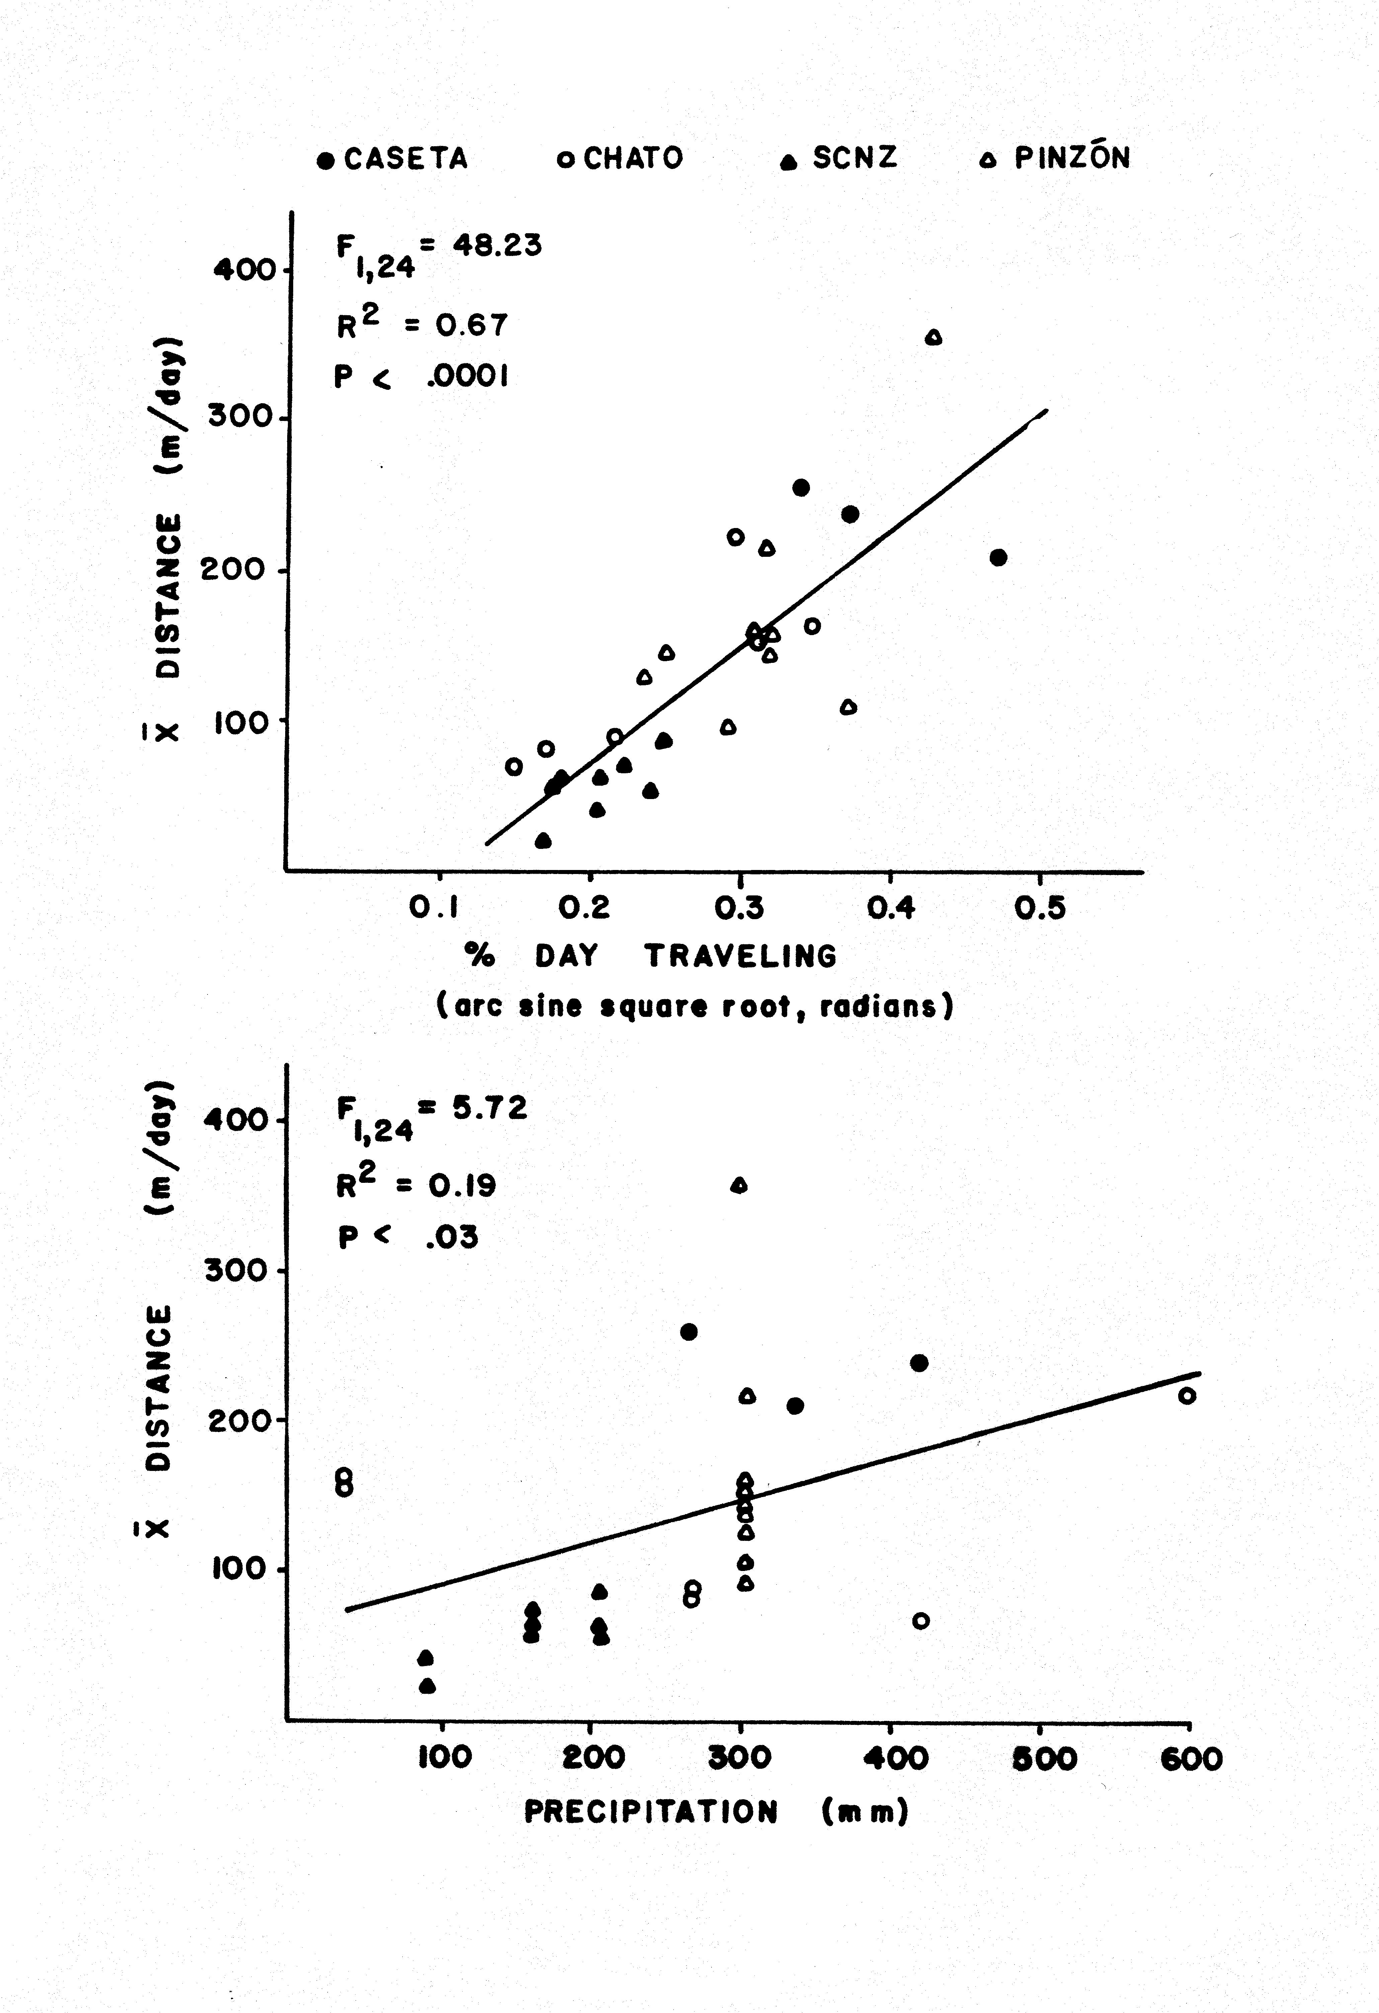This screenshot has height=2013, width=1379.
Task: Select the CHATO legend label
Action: tap(633, 159)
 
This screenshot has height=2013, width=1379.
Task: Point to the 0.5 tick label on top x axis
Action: tap(1040, 908)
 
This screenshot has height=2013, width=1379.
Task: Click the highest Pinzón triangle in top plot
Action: tap(933, 338)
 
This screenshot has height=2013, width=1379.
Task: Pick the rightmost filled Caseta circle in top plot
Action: tap(998, 557)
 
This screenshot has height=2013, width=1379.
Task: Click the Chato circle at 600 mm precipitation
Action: tap(1187, 1395)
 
